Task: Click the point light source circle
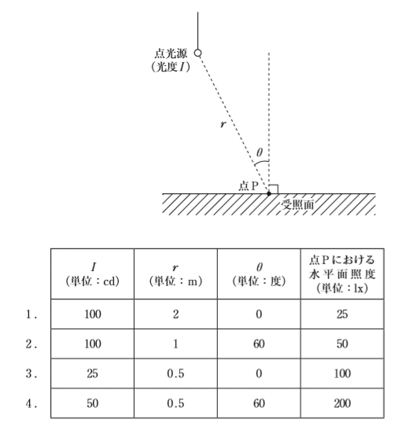[x=198, y=53]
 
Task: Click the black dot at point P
[x=269, y=193]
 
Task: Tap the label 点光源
[x=171, y=53]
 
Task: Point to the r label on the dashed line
[x=223, y=124]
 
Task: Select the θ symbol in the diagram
[x=260, y=153]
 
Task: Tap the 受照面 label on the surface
[x=297, y=204]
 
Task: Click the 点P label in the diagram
[x=249, y=186]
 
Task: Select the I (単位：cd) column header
[x=93, y=274]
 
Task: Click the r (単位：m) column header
[x=175, y=274]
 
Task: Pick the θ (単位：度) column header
[x=259, y=274]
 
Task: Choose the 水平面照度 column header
[x=342, y=274]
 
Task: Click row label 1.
[x=31, y=314]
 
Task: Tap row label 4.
[x=31, y=403]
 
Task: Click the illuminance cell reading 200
[x=342, y=403]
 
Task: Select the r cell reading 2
[x=175, y=314]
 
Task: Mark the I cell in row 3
[x=93, y=373]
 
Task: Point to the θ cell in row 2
[x=259, y=344]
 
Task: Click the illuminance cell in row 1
[x=342, y=314]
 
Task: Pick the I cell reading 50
[x=93, y=403]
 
